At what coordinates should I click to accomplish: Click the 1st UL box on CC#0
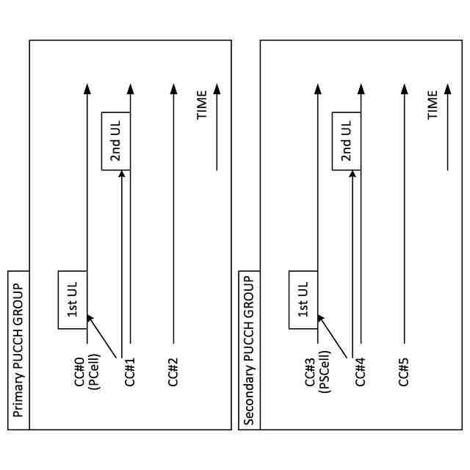point(73,300)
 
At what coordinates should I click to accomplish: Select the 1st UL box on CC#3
point(303,300)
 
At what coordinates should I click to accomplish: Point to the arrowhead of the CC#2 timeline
point(173,89)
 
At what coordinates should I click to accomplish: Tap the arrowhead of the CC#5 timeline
point(404,89)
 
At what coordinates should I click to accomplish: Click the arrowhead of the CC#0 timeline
point(87,89)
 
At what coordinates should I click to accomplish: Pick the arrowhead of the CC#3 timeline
point(317,89)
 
